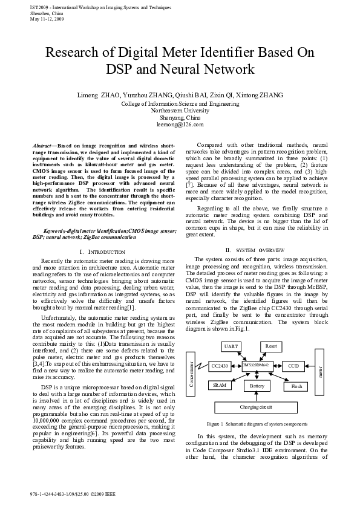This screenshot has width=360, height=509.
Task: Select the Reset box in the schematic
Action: tap(271, 346)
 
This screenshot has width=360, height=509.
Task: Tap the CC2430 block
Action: tap(218, 366)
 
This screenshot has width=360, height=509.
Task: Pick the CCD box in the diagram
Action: tap(293, 366)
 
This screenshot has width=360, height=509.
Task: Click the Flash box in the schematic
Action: tap(296, 385)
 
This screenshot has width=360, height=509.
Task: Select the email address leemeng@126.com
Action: tap(180, 124)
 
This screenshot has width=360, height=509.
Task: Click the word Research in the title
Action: tap(74, 53)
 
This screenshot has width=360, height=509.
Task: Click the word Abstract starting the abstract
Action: tap(42, 146)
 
